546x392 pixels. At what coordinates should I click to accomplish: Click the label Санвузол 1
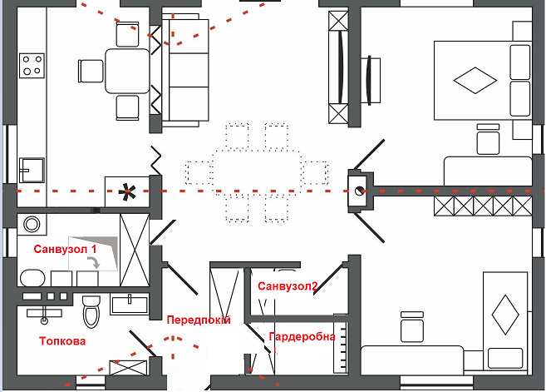(x=66, y=249)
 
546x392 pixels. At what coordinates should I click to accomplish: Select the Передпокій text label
(x=198, y=320)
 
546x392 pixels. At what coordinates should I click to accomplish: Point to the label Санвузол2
(x=288, y=286)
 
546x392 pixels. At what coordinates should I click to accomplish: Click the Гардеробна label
(x=302, y=336)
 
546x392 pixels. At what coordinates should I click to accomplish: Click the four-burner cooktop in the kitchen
(x=32, y=66)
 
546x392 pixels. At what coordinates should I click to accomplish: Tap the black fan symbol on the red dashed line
(x=126, y=192)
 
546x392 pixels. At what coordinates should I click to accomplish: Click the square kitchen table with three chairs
(x=126, y=70)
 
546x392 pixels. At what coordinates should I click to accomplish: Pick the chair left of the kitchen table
(x=90, y=70)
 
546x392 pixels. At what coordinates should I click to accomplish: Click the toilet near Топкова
(x=91, y=311)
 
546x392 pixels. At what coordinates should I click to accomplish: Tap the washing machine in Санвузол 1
(x=32, y=225)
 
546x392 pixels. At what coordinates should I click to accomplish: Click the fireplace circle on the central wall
(x=360, y=189)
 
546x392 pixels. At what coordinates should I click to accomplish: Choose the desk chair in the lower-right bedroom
(x=411, y=325)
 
